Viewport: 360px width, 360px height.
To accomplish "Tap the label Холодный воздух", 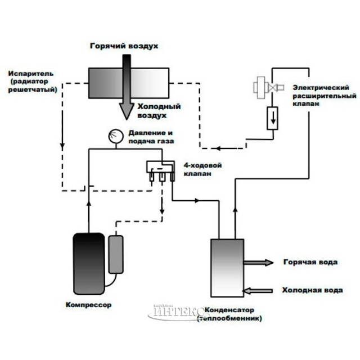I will click(159, 111).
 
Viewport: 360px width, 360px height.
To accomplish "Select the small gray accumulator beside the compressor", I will click(116, 254).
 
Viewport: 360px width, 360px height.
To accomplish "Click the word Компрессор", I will click(88, 305).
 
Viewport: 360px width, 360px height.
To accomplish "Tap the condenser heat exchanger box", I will click(227, 268).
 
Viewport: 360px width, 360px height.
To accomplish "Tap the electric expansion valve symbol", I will click(264, 88).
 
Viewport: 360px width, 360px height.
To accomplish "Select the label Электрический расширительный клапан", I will click(321, 96).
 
